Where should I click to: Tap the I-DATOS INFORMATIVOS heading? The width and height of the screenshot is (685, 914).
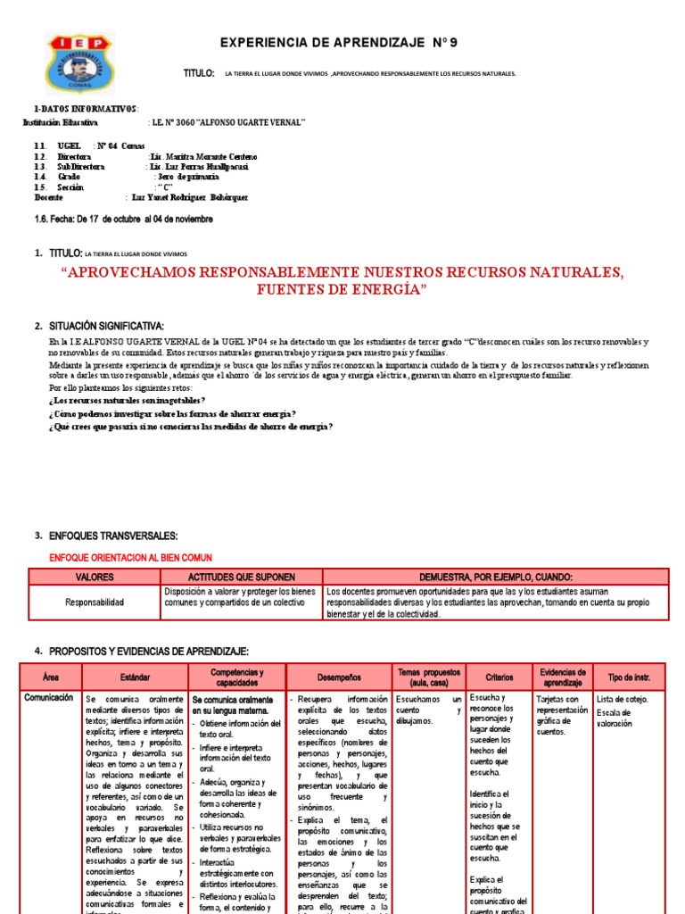79,108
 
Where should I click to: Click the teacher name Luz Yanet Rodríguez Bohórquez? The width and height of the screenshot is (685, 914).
189,197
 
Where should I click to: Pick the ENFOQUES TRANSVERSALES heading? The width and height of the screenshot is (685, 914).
112,536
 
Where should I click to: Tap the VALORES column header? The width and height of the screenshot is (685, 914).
95,577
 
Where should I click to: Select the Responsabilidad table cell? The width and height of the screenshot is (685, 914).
95,602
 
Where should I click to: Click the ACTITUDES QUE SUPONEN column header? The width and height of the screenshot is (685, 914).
241,577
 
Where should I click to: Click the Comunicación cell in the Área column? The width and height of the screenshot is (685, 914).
49,698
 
